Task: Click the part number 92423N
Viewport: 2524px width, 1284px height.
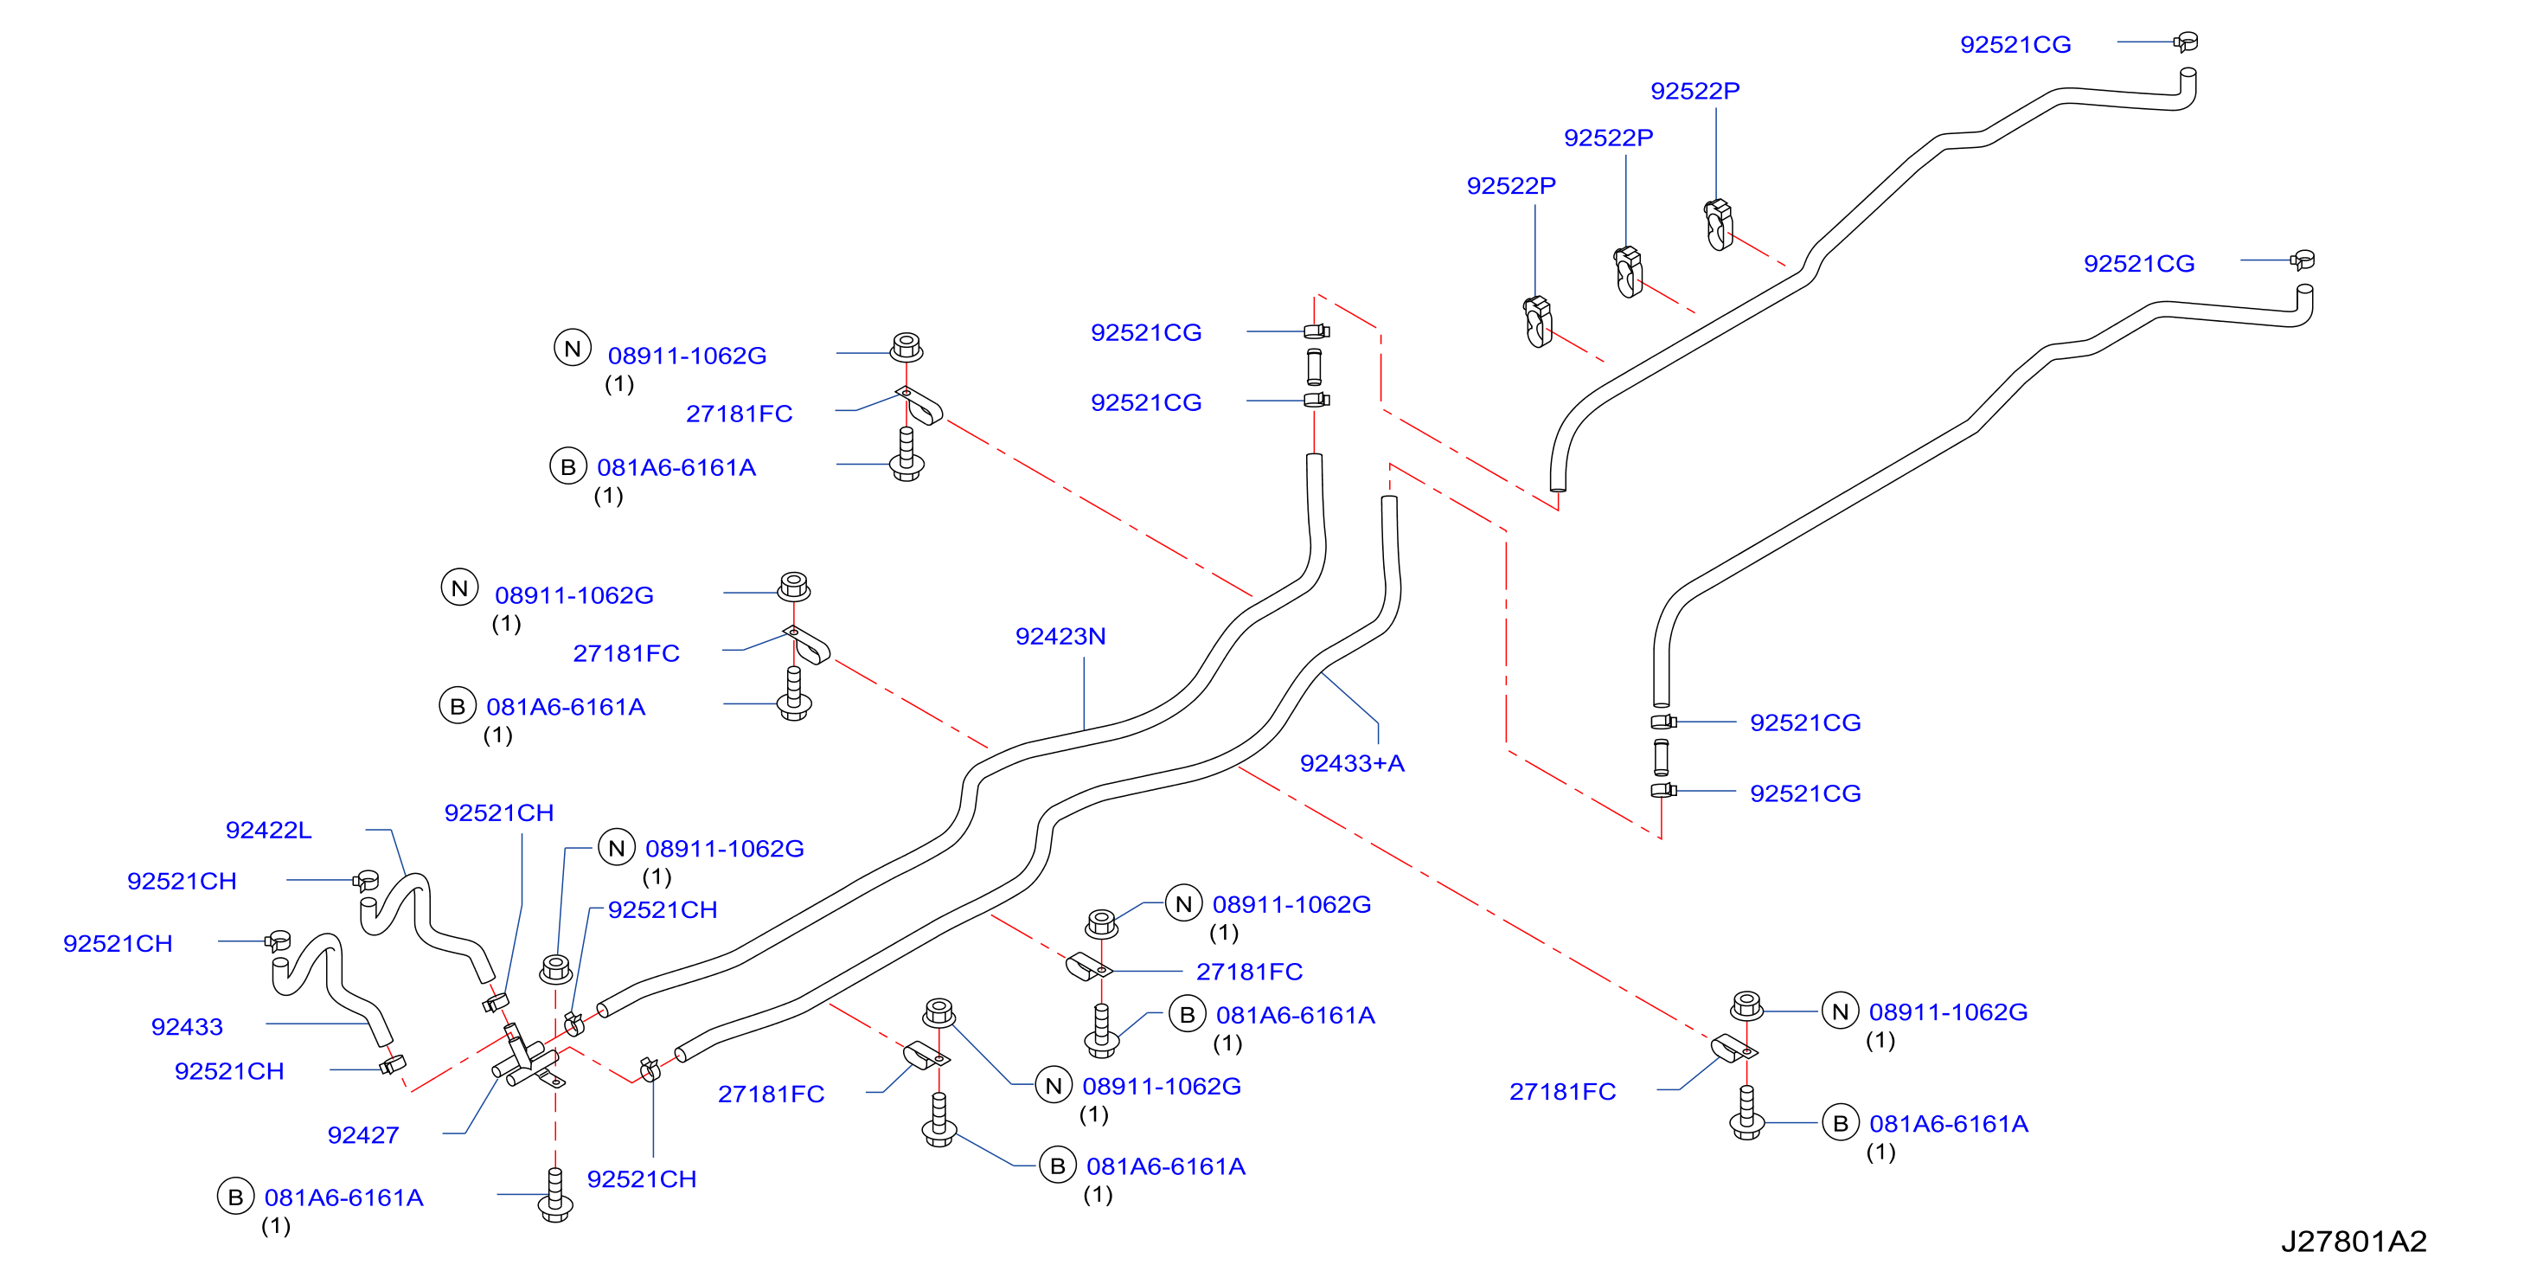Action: (x=1060, y=636)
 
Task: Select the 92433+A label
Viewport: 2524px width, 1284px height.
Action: (x=1351, y=763)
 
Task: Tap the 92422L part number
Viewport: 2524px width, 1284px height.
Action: (x=268, y=831)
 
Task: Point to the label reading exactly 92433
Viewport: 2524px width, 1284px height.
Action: (x=187, y=1026)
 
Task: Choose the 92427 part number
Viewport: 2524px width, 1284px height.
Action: (x=363, y=1135)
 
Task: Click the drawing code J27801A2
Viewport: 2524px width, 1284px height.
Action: (x=2354, y=1242)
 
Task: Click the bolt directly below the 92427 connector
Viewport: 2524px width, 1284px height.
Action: (x=555, y=1195)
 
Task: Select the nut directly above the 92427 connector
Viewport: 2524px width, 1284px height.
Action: (x=555, y=968)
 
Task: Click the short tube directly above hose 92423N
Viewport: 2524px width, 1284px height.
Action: (x=1315, y=366)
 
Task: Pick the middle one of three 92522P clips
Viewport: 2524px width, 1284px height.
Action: (x=1628, y=272)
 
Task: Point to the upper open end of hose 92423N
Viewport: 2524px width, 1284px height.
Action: (x=1315, y=457)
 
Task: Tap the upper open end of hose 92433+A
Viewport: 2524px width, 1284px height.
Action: (x=1389, y=499)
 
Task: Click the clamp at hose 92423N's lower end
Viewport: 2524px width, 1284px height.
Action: (x=573, y=1024)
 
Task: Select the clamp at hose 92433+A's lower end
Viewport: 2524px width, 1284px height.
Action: (x=650, y=1069)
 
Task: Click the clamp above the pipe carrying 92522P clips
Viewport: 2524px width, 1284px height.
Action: (x=2186, y=42)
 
